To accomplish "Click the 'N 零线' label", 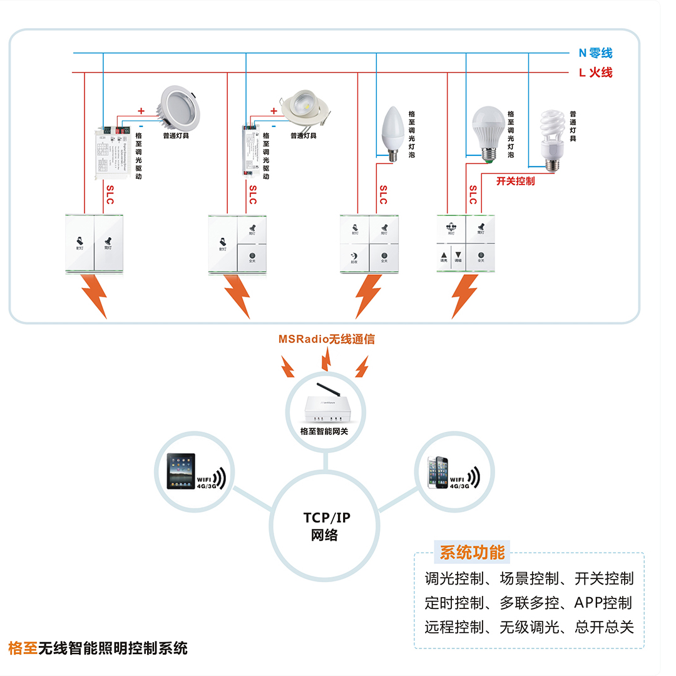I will click(x=595, y=54).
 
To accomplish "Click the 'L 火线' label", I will click(x=595, y=73).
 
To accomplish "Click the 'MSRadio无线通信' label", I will click(x=327, y=339).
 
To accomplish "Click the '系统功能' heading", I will click(x=472, y=553).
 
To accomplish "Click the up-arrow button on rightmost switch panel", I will click(x=443, y=255).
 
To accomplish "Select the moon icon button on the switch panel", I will click(x=355, y=257).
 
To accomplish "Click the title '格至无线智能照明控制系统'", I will click(x=98, y=648).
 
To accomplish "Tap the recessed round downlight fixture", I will click(x=181, y=104).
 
